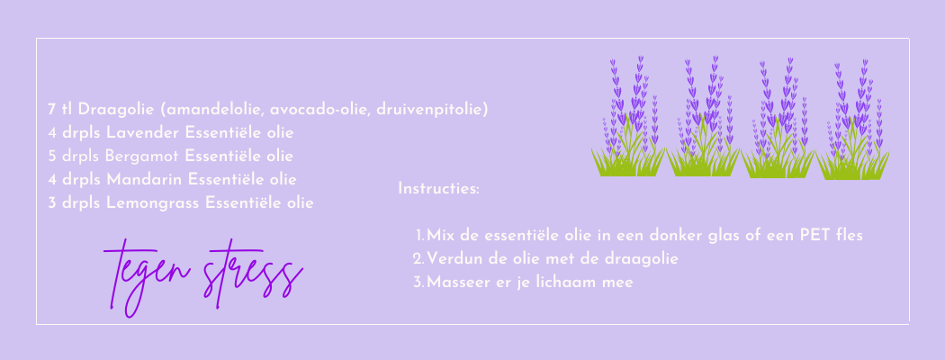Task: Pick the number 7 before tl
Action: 52,110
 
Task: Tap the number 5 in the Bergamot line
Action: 52,157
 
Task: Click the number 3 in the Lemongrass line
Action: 52,203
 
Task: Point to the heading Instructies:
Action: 439,189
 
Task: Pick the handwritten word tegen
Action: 148,277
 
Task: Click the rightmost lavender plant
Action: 853,120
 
